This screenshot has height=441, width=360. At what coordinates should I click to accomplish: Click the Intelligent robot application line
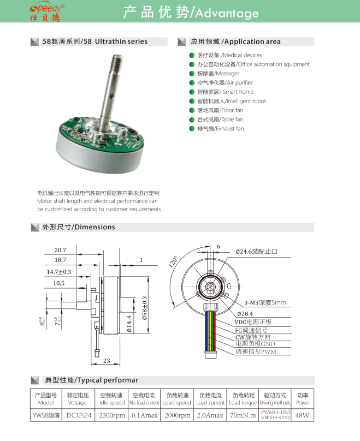point(231,101)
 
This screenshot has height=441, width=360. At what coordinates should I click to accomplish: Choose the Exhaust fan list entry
point(220,128)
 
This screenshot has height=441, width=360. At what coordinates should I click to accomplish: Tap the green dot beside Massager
point(192,73)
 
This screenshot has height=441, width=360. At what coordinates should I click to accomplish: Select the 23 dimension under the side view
point(107,360)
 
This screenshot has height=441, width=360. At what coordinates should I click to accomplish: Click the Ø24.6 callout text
point(256,252)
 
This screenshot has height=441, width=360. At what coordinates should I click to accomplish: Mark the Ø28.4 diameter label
point(246,313)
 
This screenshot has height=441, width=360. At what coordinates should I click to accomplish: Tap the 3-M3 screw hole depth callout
point(265,302)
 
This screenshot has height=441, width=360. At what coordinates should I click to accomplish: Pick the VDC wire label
point(253,322)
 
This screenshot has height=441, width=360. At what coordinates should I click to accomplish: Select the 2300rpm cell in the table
point(112,416)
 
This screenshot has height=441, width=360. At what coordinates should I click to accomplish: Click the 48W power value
point(302,416)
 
